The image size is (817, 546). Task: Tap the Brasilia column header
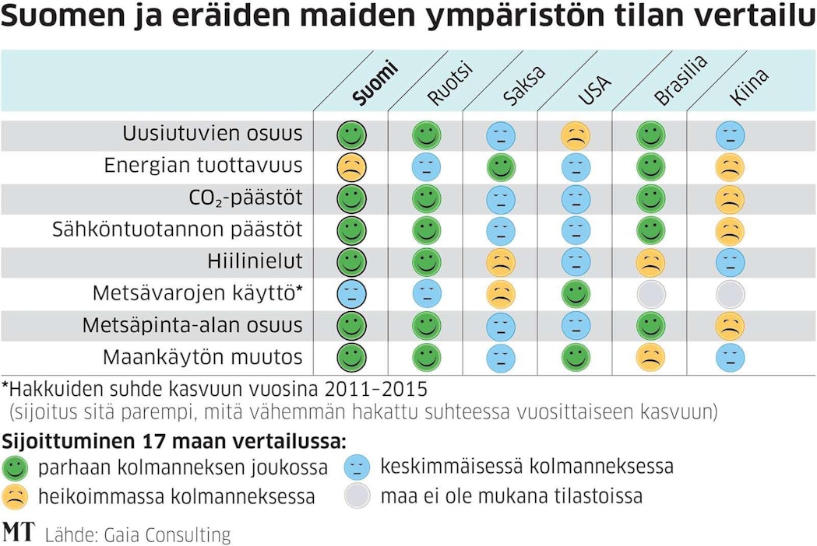[x=680, y=81]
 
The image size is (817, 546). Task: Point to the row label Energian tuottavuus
[x=203, y=166]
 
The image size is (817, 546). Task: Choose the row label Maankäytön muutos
[x=202, y=357]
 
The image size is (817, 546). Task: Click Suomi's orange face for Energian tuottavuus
[x=351, y=166]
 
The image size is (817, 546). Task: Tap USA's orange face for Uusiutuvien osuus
[x=576, y=135]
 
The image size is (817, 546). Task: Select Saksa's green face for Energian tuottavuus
[x=501, y=166]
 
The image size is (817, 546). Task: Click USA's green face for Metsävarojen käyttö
[x=576, y=293]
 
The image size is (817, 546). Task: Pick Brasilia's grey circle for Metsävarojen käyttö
[x=650, y=293]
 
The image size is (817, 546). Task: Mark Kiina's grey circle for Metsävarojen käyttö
[x=730, y=293]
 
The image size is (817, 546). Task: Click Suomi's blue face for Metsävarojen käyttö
[x=351, y=293]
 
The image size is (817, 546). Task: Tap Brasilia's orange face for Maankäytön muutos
[x=650, y=357]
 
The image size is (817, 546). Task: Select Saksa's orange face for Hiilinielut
[x=501, y=262]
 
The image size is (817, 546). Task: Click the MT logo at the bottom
[x=19, y=532]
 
